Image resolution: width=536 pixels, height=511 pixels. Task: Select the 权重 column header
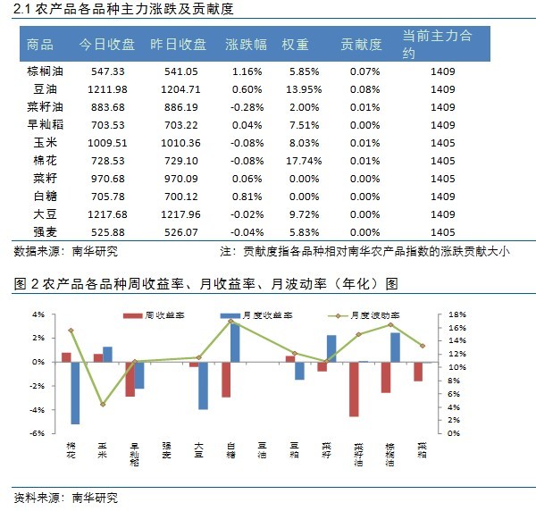click(x=296, y=45)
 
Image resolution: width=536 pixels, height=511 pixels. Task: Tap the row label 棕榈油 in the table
click(x=45, y=71)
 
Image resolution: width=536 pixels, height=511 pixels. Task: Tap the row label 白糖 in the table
click(x=45, y=197)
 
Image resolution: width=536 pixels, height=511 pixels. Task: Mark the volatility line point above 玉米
click(x=102, y=404)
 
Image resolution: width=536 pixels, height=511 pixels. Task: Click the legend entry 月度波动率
click(x=375, y=316)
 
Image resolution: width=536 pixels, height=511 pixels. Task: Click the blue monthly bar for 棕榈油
click(x=395, y=347)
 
